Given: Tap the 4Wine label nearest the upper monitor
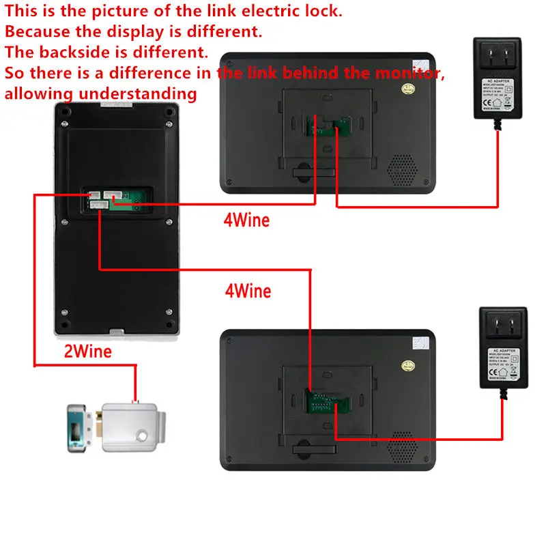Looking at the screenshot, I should (246, 220).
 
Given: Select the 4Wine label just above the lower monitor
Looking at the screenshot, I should (248, 291).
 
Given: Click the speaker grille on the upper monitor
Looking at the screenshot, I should (402, 168).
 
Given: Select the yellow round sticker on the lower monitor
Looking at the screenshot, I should (409, 366).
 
